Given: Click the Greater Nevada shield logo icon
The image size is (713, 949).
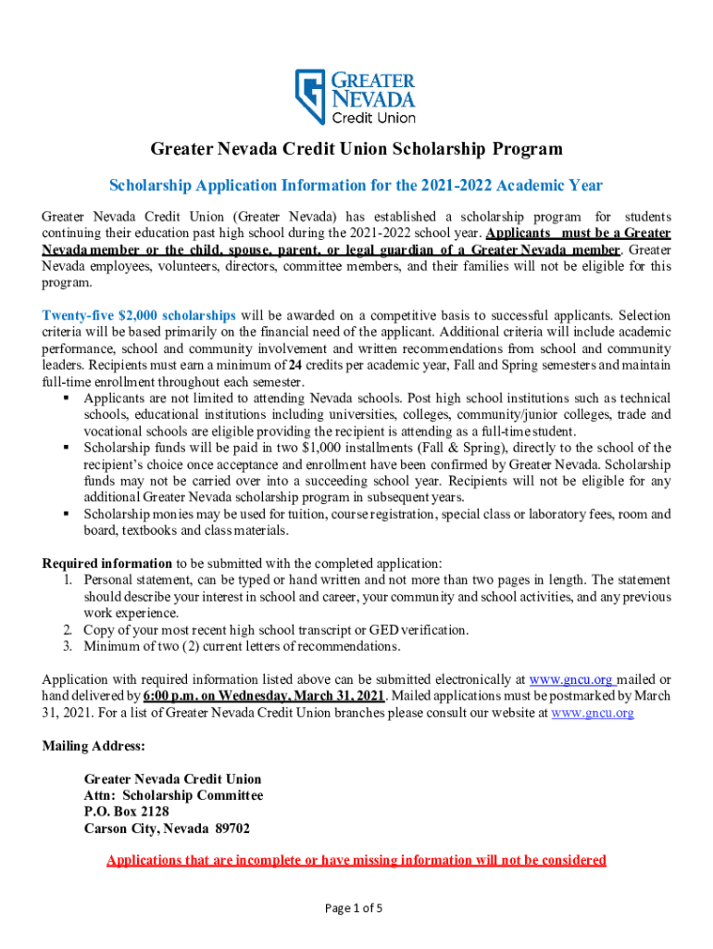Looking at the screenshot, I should pos(312,97).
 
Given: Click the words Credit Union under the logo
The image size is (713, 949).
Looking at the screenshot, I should pos(375,118).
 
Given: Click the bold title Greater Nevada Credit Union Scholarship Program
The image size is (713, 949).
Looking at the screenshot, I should pos(356,149).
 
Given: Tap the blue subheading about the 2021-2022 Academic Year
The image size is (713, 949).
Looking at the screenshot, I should pos(356,184).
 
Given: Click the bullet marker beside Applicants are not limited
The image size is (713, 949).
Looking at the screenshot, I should pos(67,398).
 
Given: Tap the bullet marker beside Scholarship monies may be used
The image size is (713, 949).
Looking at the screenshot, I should pos(67,514).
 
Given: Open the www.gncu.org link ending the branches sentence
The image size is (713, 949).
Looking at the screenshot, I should pos(592,713).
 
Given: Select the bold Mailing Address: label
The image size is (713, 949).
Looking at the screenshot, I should pos(94,746).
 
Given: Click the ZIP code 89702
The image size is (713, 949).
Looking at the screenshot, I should pos(230,829).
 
